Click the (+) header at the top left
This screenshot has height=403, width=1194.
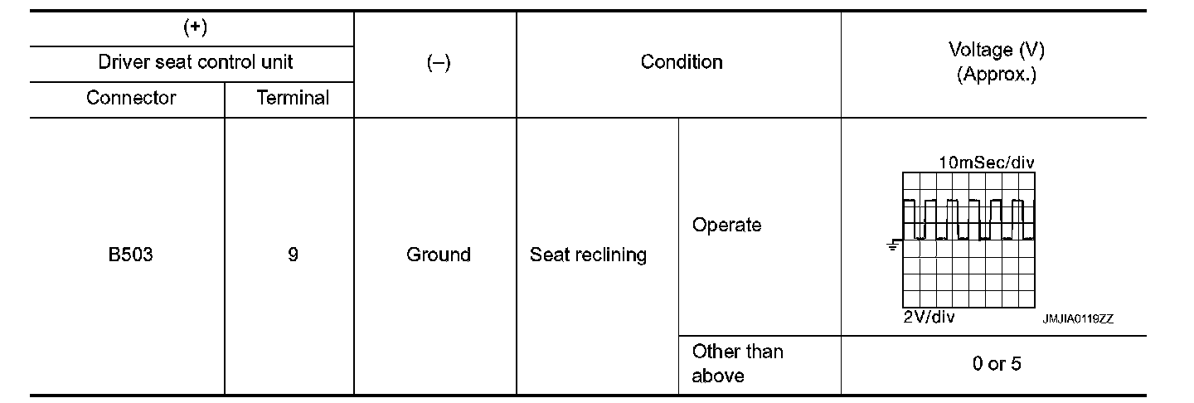pos(195,27)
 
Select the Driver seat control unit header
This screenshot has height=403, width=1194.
pos(195,62)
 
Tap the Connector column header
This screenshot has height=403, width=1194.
pos(131,98)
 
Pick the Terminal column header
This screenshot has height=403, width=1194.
pos(293,98)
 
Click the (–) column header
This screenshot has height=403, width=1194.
pos(438,63)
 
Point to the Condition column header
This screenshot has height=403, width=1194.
pos(682,62)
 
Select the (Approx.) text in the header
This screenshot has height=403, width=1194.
pos(996,75)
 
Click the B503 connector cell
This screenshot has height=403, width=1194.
pos(130,255)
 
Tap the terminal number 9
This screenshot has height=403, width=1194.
pos(293,255)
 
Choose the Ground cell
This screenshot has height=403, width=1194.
pos(438,255)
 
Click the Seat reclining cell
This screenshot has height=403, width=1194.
pos(588,255)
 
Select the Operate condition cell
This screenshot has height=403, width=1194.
pos(726,225)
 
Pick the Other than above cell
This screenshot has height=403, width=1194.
pos(737,363)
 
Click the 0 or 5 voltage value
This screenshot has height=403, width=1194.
pos(997,364)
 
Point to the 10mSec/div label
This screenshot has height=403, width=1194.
pos(987,163)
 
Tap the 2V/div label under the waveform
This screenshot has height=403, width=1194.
pos(929,318)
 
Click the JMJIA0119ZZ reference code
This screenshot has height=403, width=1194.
pos(1079,318)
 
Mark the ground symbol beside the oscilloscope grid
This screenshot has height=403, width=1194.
pos(893,245)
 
